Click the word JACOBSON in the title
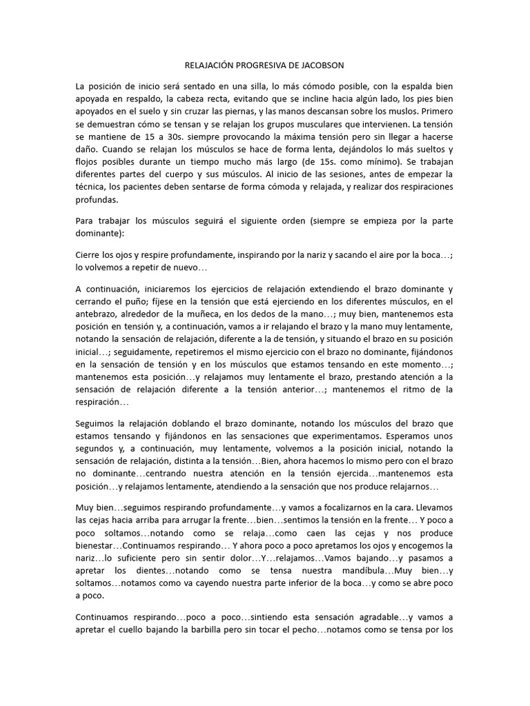(x=320, y=65)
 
